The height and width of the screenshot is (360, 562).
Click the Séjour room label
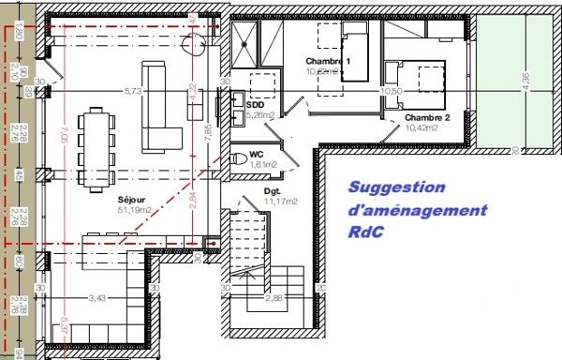(132, 200)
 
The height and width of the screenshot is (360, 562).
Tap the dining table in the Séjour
(95, 145)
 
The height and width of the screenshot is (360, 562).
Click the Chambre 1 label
(329, 62)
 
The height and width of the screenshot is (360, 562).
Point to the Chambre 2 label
(428, 117)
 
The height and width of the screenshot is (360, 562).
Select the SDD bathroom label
(254, 105)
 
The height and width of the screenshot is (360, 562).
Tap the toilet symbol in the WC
(235, 156)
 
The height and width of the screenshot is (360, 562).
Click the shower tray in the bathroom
(248, 42)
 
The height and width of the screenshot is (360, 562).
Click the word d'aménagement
(417, 212)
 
